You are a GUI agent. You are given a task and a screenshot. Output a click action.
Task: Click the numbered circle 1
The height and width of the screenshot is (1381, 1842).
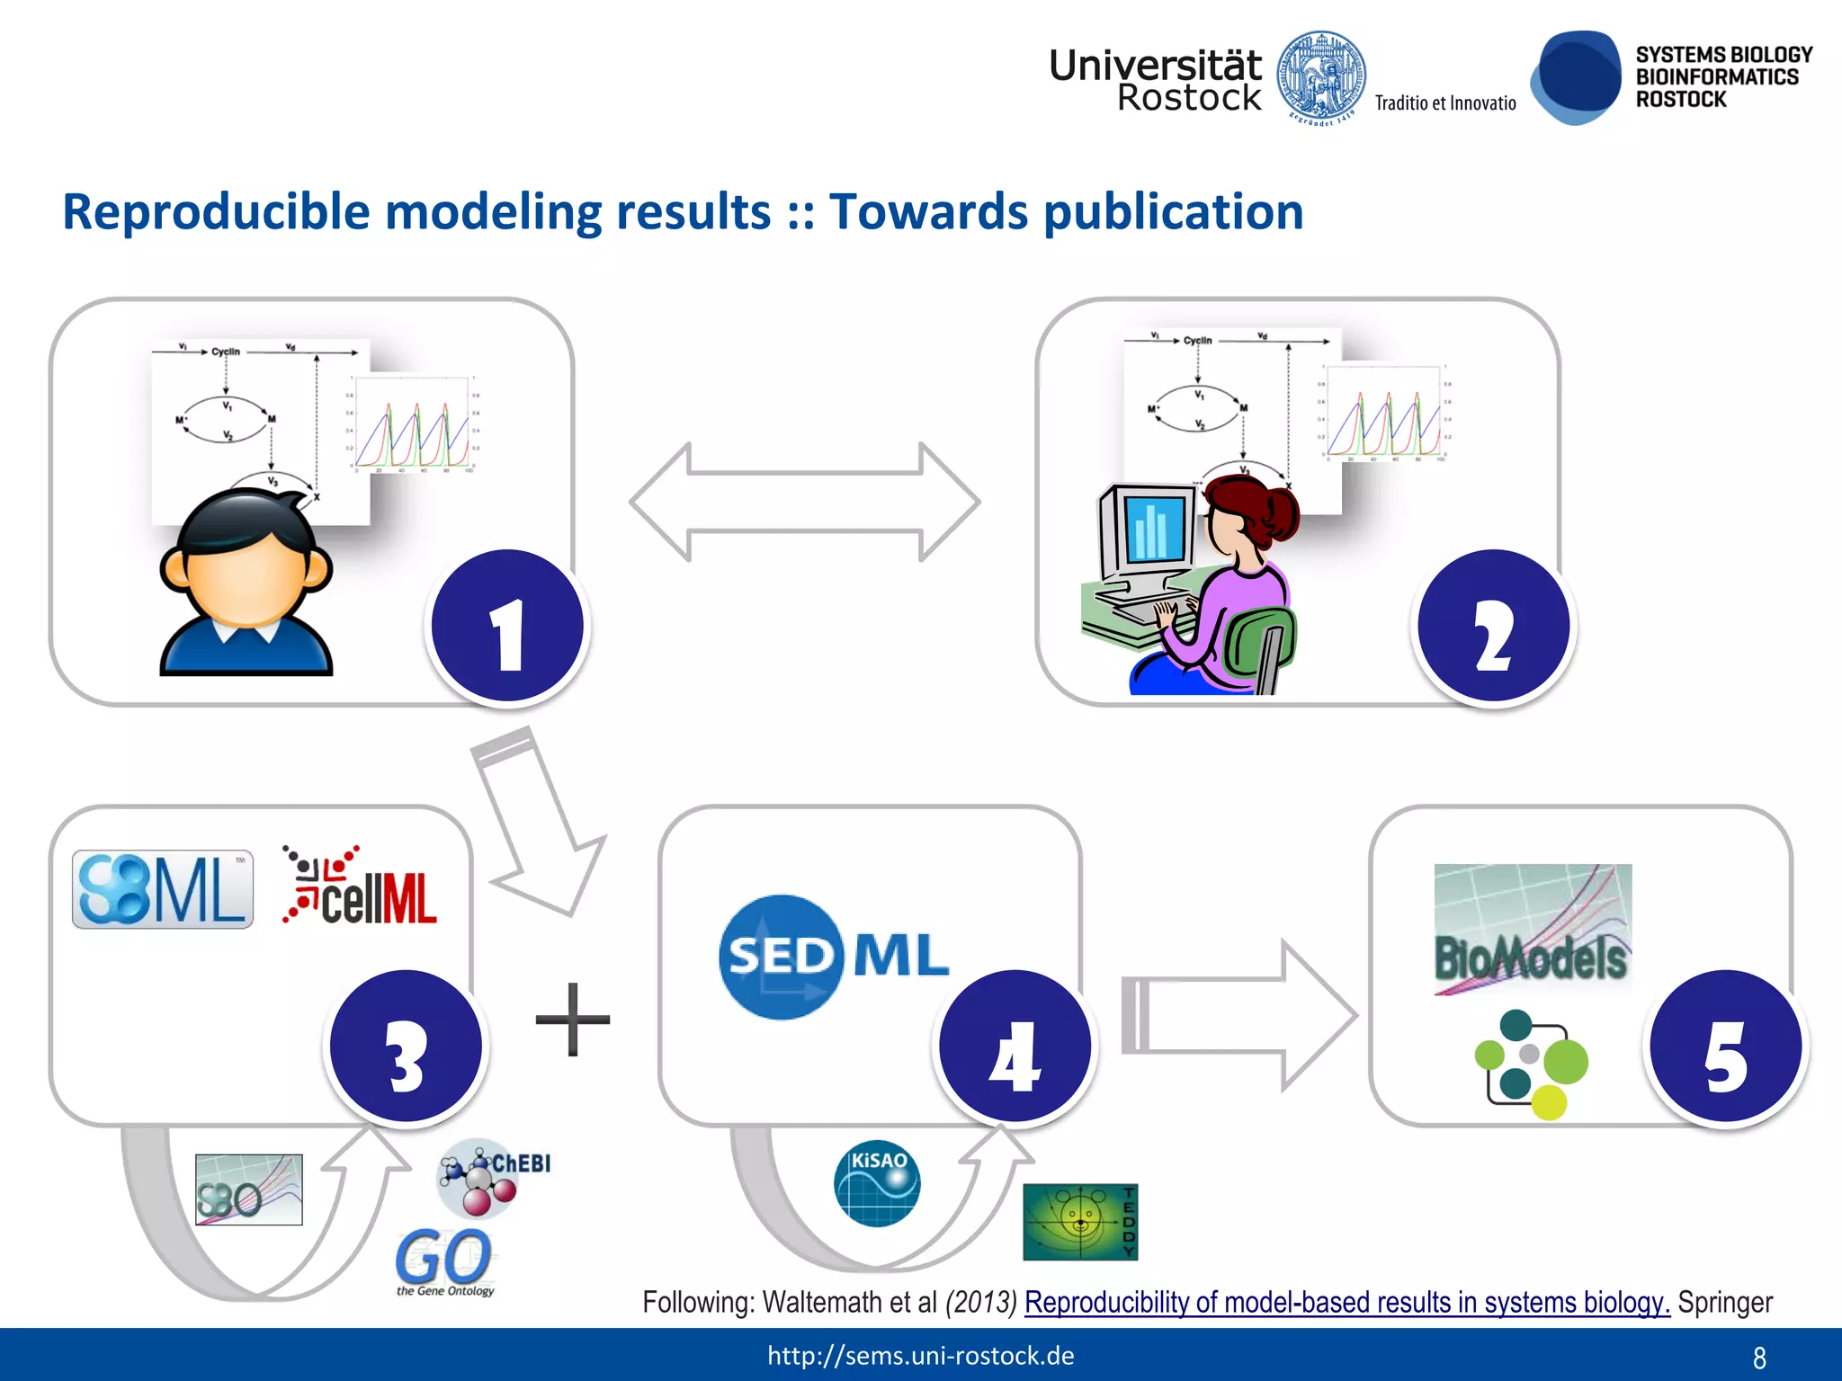click(x=507, y=627)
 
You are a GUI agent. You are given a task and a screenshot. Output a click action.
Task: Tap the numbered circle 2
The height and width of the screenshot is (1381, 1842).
click(x=1493, y=627)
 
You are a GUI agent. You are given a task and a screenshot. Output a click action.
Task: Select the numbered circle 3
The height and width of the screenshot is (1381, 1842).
click(x=406, y=1047)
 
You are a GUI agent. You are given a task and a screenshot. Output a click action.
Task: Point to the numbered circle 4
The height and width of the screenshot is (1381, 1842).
click(x=1015, y=1047)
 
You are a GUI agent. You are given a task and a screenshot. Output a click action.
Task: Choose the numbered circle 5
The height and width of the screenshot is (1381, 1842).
click(x=1725, y=1047)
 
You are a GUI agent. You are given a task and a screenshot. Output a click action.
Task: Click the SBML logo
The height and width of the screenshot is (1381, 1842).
click(x=163, y=889)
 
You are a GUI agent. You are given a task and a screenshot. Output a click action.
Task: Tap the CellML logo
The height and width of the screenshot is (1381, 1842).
click(x=361, y=887)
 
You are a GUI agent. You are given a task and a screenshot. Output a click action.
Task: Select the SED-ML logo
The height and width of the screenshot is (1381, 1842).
click(x=833, y=956)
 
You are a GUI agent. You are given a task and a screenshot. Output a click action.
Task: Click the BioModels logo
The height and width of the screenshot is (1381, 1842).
click(x=1533, y=930)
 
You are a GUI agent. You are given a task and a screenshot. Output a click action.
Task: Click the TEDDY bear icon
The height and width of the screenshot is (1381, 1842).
click(x=1079, y=1222)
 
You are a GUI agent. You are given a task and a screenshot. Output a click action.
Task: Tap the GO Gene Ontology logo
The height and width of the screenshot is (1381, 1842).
click(x=444, y=1261)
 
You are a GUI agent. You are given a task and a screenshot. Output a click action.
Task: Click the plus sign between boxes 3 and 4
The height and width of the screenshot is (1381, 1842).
click(x=573, y=1020)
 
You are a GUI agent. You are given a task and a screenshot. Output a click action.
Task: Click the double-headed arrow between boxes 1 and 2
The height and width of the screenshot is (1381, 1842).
click(x=804, y=502)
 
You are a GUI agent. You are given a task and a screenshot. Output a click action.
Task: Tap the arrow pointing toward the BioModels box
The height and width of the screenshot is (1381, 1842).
click(x=1239, y=1016)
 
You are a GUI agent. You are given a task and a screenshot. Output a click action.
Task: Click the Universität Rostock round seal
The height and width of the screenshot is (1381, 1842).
click(x=1321, y=77)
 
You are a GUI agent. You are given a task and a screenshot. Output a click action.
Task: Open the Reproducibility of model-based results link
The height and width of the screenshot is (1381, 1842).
click(x=1346, y=1302)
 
